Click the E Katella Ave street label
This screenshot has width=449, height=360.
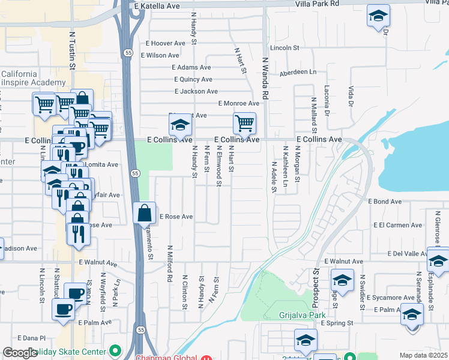pos(157,5)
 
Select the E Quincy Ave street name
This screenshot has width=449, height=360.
pos(193,79)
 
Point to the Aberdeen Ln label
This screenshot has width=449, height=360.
pos(297,72)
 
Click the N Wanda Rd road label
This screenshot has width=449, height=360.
pos(264,78)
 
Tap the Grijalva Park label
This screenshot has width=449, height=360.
pos(302,314)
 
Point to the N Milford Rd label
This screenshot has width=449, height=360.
pos(170,263)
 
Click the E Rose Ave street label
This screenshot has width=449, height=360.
pos(175,217)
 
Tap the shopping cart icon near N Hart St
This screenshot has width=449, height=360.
pos(244,124)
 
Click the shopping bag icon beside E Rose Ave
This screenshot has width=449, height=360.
pos(144,214)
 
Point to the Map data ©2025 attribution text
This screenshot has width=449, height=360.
pos(423,355)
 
